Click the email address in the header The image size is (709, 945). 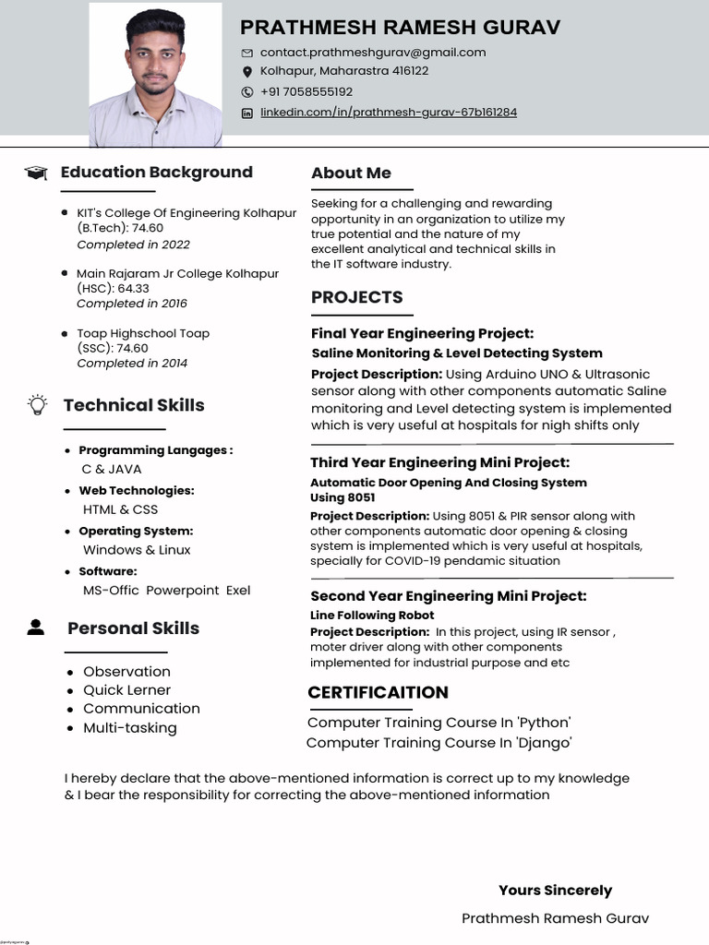372,53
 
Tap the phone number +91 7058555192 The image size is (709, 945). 306,91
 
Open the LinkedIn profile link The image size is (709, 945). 388,113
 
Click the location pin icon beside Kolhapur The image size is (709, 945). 246,72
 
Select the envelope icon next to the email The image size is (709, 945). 246,53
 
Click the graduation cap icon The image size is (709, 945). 36,173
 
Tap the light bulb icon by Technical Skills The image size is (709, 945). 37,404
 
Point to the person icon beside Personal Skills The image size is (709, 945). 36,628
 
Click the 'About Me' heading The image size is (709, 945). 351,173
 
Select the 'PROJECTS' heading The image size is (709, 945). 356,297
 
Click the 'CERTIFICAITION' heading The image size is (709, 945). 378,692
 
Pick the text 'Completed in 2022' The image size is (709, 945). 133,245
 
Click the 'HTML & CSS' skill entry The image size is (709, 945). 120,509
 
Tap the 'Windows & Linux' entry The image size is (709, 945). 137,550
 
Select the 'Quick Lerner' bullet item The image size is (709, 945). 126,690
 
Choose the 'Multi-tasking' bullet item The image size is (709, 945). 129,727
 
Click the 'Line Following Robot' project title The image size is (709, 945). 372,615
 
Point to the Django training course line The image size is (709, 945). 439,742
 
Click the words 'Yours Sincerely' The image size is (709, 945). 555,891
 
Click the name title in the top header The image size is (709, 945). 400,27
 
